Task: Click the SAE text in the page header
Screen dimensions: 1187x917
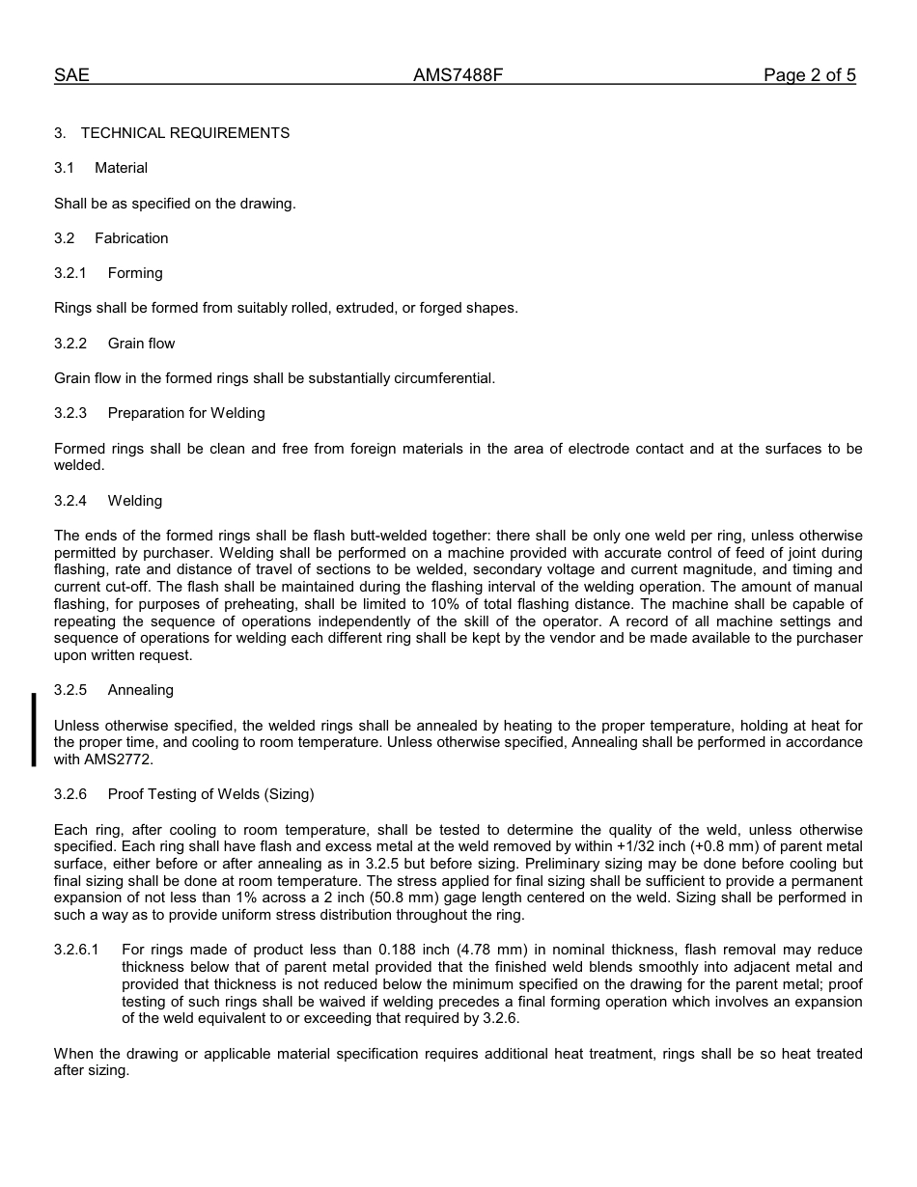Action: [71, 75]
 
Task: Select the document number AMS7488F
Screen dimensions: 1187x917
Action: [458, 75]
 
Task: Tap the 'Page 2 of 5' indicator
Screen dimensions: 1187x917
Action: [809, 75]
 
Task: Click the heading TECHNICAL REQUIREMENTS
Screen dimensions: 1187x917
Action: [185, 133]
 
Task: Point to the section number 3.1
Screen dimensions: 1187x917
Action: [64, 168]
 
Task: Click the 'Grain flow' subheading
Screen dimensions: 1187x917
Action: [141, 344]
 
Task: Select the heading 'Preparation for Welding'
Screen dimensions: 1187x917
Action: [186, 413]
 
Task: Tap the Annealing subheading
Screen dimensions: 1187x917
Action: [141, 690]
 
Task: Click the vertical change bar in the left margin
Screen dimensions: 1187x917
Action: [34, 730]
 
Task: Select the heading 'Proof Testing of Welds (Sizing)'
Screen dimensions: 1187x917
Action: [210, 794]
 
